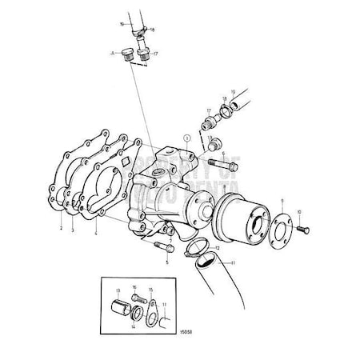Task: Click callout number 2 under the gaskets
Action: [61, 228]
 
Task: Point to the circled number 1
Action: [185, 138]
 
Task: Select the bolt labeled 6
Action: [221, 166]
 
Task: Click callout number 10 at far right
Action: [298, 210]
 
